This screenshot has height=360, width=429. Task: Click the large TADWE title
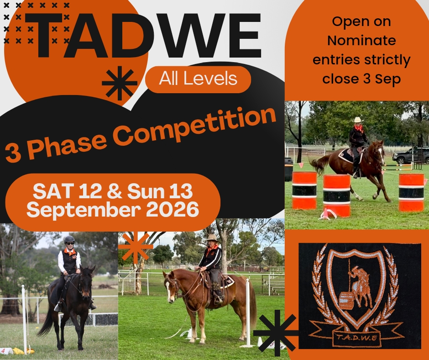[143, 35]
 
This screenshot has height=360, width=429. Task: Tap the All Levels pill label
[198, 79]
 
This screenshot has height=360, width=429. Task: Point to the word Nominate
[361, 41]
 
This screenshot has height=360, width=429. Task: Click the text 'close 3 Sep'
[361, 79]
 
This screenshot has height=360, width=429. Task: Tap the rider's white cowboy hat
[358, 120]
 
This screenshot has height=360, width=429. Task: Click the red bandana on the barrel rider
[358, 128]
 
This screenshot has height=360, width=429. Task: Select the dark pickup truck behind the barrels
[410, 155]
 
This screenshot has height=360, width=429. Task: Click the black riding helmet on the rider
[69, 239]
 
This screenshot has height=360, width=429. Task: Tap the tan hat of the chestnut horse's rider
[212, 238]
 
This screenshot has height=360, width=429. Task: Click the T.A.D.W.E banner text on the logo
[356, 337]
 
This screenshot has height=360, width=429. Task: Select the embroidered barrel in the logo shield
[346, 300]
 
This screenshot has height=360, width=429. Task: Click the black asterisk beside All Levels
[120, 83]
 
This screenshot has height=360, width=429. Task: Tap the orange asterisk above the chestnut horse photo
[136, 246]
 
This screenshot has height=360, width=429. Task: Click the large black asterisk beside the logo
[277, 332]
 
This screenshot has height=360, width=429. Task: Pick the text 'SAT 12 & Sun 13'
[113, 191]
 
